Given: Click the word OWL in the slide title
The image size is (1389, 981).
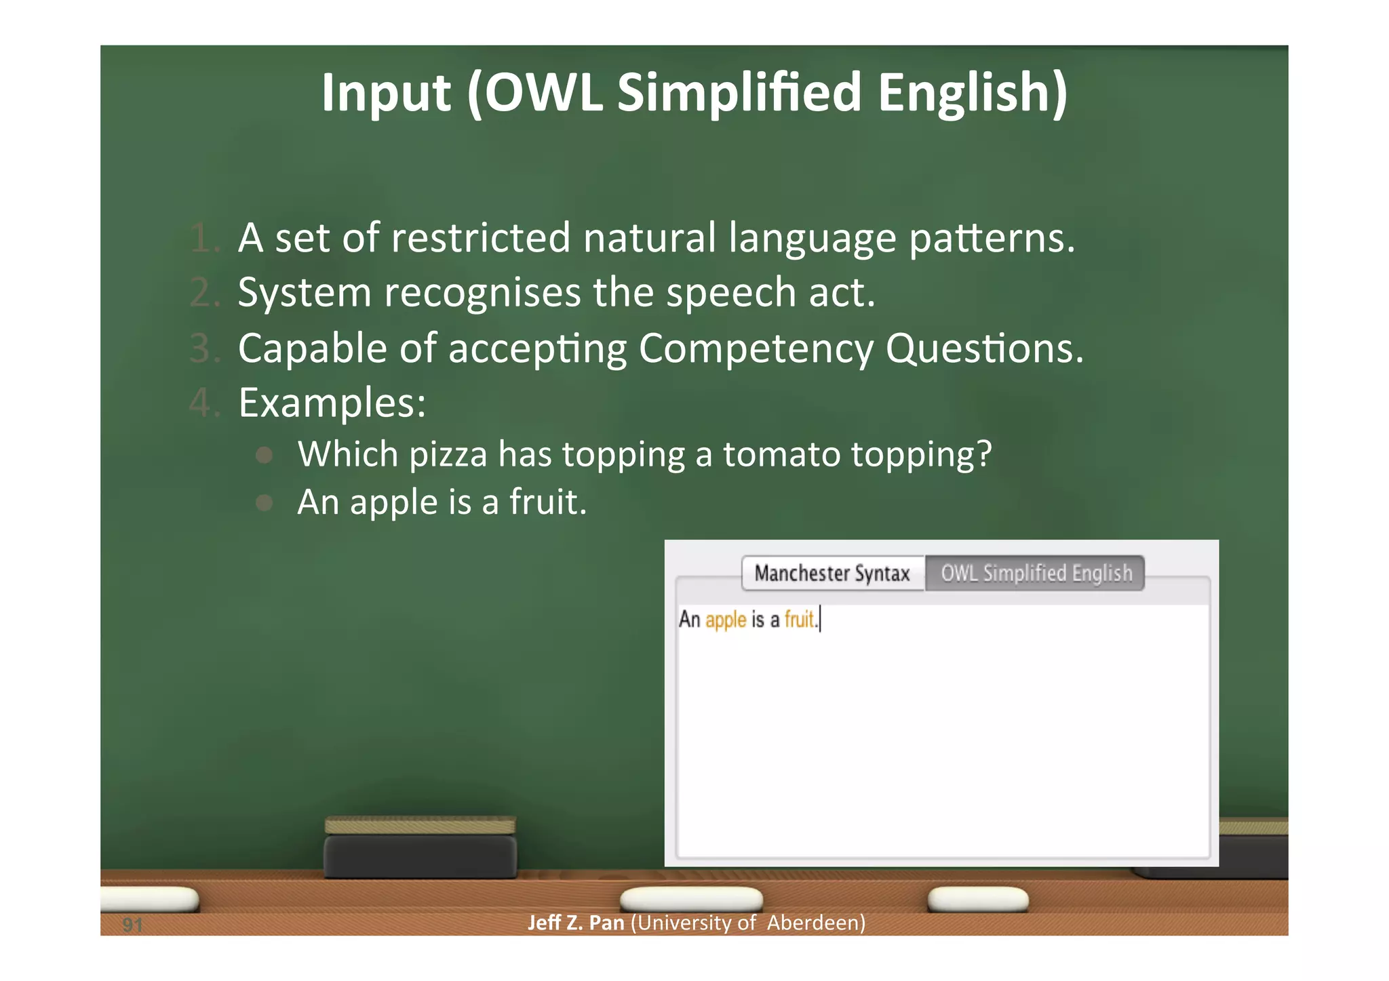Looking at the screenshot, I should tap(543, 92).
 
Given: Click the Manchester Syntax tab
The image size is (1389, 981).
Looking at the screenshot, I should tap(832, 574).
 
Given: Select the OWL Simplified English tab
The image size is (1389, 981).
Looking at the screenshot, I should tap(1036, 574).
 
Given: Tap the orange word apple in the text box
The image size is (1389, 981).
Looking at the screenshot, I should tap(725, 620).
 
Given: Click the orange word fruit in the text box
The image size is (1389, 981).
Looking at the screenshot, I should tap(799, 619).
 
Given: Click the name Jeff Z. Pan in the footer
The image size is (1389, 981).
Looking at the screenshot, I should tap(576, 923).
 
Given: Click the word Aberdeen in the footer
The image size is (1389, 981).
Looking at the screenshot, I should tap(816, 923).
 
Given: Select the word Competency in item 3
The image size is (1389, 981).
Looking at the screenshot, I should tap(756, 349).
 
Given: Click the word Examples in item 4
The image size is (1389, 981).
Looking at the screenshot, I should tap(332, 403).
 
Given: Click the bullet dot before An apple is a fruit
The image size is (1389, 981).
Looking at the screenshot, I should tap(265, 503).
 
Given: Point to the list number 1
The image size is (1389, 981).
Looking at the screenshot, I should tap(204, 239).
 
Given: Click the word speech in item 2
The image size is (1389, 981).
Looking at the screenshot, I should tap(730, 293).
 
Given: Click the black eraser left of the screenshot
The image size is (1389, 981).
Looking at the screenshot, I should tap(420, 856).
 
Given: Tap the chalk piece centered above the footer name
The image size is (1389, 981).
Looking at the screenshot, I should tap(691, 899).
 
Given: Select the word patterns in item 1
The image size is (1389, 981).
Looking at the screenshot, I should tap(992, 239).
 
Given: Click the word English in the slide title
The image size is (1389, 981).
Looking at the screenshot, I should tap(972, 92).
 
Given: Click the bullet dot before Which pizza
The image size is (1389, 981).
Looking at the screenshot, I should tap(265, 455).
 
